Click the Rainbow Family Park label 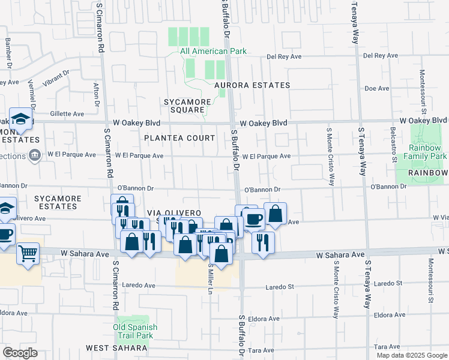point(427,152)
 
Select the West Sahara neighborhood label point(116,348)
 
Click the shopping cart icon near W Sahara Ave point(28,254)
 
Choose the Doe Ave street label point(378,88)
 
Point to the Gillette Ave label point(67,113)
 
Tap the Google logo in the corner point(20,353)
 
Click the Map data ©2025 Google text point(411,355)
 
